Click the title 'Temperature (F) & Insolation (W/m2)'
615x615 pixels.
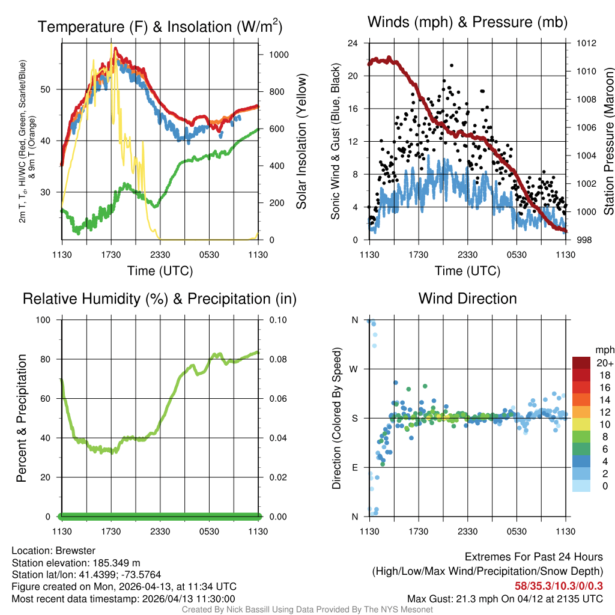click(160, 26)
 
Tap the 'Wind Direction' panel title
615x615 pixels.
click(467, 298)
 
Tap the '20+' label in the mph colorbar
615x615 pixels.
click(604, 363)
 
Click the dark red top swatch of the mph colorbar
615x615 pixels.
click(581, 363)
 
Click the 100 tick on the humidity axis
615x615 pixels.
click(45, 320)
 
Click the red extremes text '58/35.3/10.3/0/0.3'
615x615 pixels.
click(559, 586)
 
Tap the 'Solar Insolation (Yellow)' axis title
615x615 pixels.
click(301, 142)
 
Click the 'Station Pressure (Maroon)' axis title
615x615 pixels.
click(608, 142)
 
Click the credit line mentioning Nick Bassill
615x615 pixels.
click(307, 610)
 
